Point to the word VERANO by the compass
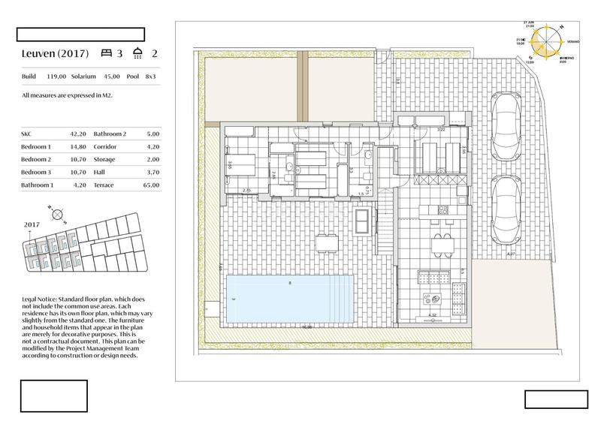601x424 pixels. pyautogui.click(x=573, y=43)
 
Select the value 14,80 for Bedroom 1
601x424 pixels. pyautogui.click(x=77, y=147)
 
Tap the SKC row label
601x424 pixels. pyautogui.click(x=28, y=135)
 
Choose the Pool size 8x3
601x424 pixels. pyautogui.click(x=151, y=76)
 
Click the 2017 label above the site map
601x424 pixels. pyautogui.click(x=32, y=224)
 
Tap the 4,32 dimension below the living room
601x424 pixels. pyautogui.click(x=432, y=315)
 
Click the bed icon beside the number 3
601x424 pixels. pyautogui.click(x=106, y=54)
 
